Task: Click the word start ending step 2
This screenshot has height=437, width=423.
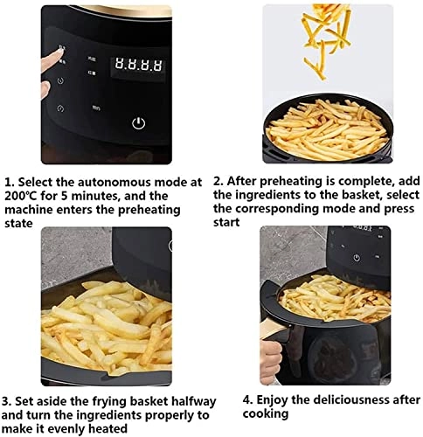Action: tap(227, 223)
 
